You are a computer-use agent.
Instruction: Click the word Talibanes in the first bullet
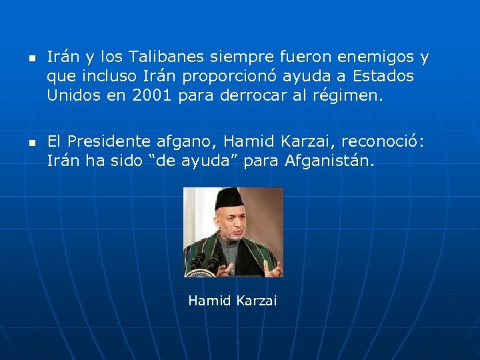pos(161,57)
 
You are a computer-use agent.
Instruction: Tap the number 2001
pos(153,95)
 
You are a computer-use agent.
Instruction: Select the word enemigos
pos(379,57)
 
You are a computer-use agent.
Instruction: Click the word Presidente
pos(109,141)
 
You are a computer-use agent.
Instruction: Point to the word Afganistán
pos(330,160)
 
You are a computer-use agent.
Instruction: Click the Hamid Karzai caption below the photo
pos(232,301)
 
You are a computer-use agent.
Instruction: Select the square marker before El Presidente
pos(31,142)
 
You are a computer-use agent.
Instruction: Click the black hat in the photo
pos(229,198)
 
